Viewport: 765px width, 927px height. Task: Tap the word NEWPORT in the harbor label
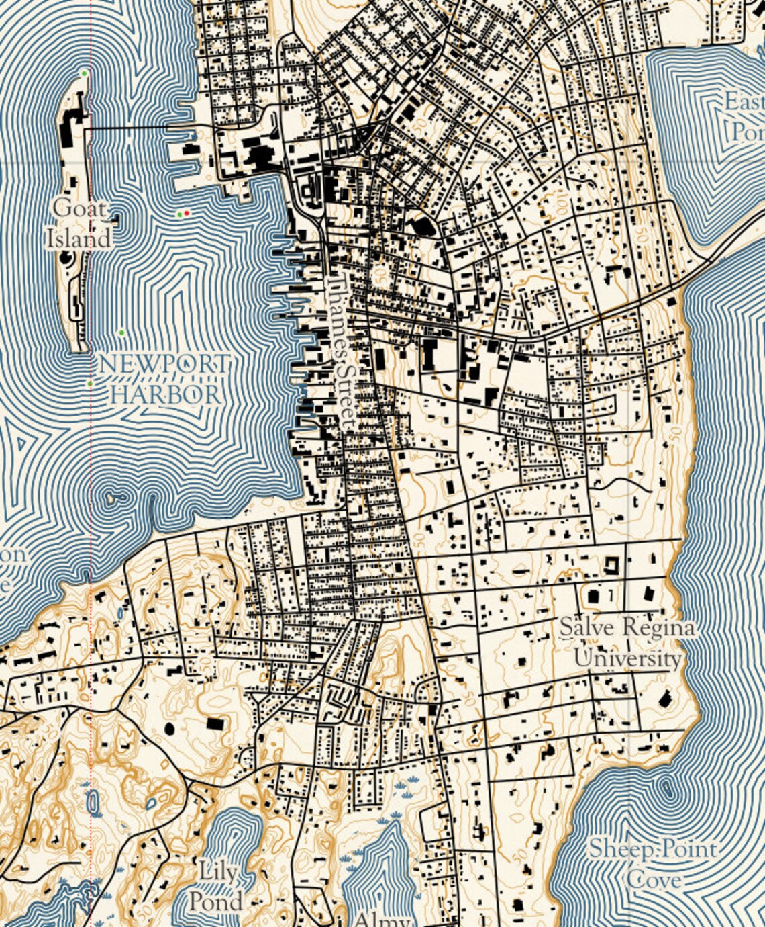(x=164, y=365)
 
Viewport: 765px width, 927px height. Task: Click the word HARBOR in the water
(x=165, y=394)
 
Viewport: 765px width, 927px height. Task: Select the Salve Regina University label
(x=627, y=643)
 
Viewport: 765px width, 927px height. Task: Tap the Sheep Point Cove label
(x=652, y=864)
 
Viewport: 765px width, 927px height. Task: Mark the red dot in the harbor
(x=187, y=213)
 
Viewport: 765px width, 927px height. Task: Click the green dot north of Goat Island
(x=84, y=73)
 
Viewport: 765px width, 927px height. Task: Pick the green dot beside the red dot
(x=179, y=214)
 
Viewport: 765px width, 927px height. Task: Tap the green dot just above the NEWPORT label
(x=121, y=333)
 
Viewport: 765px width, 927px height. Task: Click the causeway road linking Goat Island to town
(x=134, y=127)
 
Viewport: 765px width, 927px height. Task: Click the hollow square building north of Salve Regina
(x=611, y=564)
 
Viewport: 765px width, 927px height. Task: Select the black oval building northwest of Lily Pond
(x=169, y=727)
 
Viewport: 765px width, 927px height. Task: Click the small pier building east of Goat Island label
(x=116, y=219)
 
